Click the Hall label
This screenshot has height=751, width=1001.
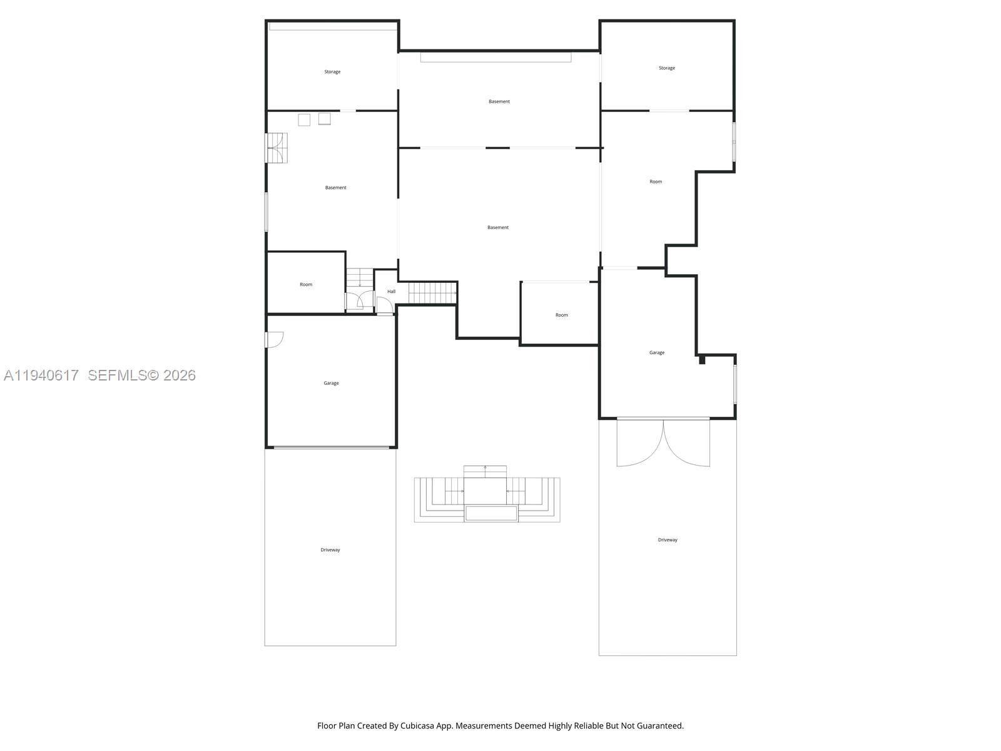(x=391, y=292)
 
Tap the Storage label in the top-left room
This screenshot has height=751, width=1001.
(x=332, y=72)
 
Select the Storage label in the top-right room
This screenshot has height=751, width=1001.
(x=666, y=68)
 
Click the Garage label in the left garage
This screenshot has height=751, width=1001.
(x=331, y=383)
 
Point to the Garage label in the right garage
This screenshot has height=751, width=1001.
(x=656, y=353)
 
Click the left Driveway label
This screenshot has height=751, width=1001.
(x=330, y=550)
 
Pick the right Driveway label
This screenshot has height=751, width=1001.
(x=667, y=540)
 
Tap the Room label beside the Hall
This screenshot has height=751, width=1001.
(x=305, y=285)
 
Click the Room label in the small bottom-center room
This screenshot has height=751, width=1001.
(x=561, y=315)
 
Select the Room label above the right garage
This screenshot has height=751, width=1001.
(x=655, y=182)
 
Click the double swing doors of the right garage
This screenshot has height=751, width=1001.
(x=663, y=443)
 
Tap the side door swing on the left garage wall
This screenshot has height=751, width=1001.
(x=275, y=340)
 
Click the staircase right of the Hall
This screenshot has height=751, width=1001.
(x=432, y=292)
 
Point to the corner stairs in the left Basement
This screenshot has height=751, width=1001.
(x=277, y=148)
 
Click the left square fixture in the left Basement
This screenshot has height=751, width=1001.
(x=304, y=120)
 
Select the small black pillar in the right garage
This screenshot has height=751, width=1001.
(x=702, y=360)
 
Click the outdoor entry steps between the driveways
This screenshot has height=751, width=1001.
(x=486, y=494)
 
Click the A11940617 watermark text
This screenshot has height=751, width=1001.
(x=41, y=375)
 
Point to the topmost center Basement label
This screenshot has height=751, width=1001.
(x=499, y=101)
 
